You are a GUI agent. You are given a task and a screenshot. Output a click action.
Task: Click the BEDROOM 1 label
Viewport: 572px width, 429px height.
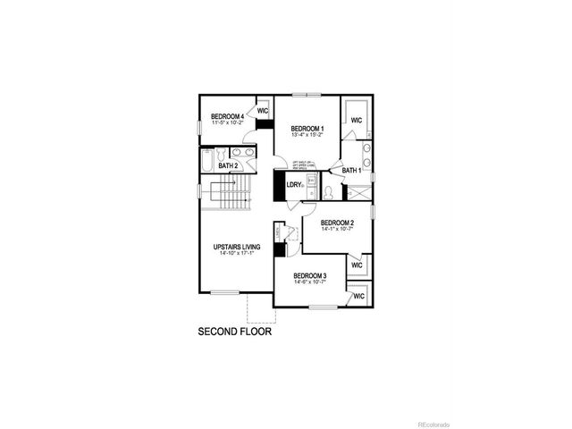pos(307,129)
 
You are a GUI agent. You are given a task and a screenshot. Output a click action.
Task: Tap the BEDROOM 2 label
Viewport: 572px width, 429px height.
pos(338,223)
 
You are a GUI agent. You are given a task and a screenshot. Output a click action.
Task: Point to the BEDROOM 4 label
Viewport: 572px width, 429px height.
pos(228,116)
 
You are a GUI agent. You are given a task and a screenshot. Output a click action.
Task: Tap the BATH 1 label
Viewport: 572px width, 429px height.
pos(352,170)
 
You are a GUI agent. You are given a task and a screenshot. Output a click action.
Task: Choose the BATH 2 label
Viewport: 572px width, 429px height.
pos(228,165)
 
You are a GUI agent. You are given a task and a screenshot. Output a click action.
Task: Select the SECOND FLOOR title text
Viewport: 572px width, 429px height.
pos(234,331)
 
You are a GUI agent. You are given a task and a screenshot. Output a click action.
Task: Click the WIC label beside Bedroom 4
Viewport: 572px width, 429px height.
pos(263,112)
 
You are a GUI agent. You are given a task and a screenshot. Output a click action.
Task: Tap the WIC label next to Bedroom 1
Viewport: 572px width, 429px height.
pos(356,120)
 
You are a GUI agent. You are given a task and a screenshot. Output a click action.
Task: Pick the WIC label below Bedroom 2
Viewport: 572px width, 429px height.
pos(357,265)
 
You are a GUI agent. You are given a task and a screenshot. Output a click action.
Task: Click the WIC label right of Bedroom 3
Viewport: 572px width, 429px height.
pos(358,296)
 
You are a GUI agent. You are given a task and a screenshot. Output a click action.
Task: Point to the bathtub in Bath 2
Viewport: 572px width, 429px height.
pos(207,161)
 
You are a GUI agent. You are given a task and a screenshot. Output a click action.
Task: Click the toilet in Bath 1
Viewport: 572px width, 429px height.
pos(328,190)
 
